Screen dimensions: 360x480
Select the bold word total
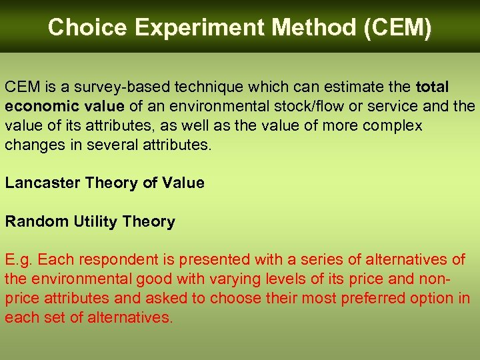(432, 87)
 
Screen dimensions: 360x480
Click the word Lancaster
(43, 183)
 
